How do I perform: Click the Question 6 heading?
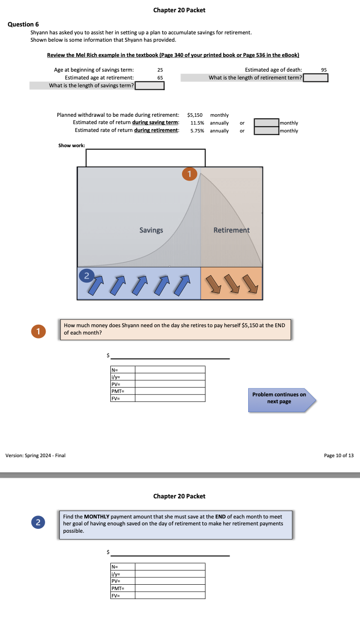(23, 25)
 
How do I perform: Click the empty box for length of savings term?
(150, 86)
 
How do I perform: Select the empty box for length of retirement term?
(315, 78)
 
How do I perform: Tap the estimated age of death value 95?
(324, 70)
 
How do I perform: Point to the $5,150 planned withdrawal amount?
(195, 115)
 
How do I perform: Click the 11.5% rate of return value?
(197, 123)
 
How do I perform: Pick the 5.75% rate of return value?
(197, 130)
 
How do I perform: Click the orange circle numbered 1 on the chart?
(190, 174)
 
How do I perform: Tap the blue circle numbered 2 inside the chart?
(87, 276)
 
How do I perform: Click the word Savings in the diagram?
(151, 230)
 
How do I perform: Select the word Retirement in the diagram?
(231, 230)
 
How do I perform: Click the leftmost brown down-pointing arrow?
(213, 284)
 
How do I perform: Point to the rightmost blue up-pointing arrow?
(182, 285)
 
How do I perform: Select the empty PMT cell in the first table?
(170, 391)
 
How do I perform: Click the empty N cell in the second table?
(170, 567)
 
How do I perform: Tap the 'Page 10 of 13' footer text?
(338, 455)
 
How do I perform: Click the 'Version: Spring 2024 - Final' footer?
(35, 455)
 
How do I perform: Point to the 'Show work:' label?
(72, 146)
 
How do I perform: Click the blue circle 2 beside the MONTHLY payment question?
(38, 522)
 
